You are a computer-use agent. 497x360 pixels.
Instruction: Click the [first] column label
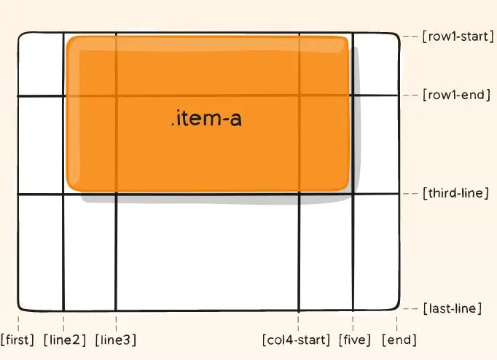[x=17, y=340]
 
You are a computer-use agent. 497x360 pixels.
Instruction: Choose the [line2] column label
[x=65, y=340]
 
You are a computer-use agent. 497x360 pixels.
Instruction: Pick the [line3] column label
[x=115, y=340]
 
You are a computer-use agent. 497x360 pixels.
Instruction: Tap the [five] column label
[x=355, y=340]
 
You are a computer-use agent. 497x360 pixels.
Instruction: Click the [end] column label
[x=398, y=340]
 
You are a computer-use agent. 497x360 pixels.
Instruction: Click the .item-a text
[x=206, y=118]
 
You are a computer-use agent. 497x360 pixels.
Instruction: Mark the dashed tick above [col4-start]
[x=299, y=321]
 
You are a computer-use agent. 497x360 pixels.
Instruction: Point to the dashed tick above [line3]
[x=116, y=321]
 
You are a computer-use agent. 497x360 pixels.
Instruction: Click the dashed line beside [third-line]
[x=411, y=194]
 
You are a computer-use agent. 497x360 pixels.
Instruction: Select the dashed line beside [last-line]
[x=411, y=309]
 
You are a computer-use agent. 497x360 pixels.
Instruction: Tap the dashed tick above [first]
[x=17, y=321]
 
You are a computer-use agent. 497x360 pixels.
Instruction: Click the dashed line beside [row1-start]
[x=411, y=36]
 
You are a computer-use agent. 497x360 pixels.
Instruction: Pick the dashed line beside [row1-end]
[x=411, y=95]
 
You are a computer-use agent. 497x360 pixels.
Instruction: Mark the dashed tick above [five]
[x=353, y=321]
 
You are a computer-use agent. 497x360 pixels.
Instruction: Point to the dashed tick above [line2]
[x=64, y=321]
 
